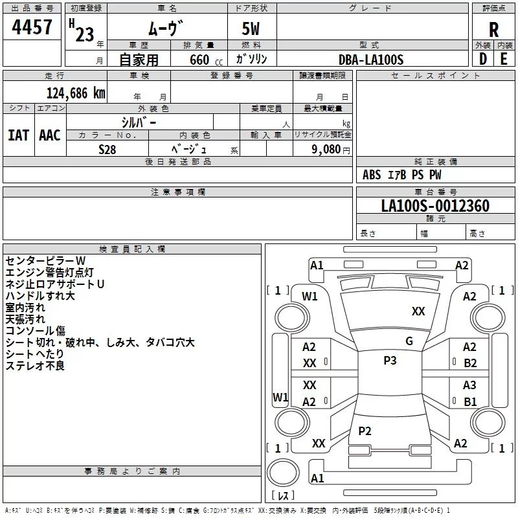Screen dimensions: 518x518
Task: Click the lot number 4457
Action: coord(32,27)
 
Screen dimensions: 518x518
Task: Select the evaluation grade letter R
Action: coord(493,30)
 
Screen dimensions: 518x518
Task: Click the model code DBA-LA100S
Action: coord(371,60)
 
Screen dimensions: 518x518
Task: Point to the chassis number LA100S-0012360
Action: coord(435,207)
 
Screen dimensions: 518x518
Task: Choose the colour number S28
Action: coord(108,150)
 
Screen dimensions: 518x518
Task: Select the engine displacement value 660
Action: coord(199,60)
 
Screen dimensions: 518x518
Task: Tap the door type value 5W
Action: coord(251,30)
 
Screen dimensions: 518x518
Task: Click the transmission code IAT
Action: coord(18,135)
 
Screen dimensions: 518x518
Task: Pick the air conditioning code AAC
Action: coord(50,135)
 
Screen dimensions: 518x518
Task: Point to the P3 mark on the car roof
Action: coord(390,361)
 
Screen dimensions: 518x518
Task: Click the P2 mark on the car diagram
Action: coord(365,431)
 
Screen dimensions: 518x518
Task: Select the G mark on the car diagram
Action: coord(409,341)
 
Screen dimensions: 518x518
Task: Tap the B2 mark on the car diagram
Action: coord(470,363)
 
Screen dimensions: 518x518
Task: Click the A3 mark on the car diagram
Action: coord(469,385)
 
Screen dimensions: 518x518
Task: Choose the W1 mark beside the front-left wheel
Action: coord(310,297)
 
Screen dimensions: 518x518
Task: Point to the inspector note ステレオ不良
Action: coord(35,366)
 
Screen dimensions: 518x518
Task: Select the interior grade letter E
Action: coord(503,59)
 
